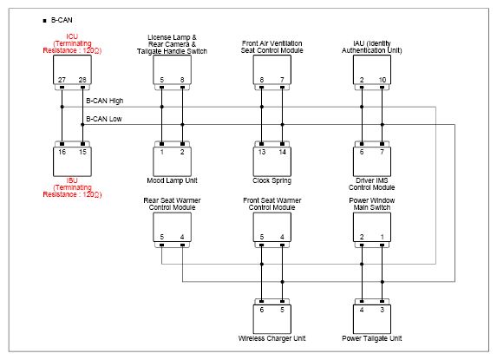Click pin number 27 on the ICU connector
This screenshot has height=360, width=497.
click(x=62, y=80)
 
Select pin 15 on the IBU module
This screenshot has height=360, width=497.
click(x=82, y=152)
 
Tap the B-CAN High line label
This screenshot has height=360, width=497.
click(x=105, y=101)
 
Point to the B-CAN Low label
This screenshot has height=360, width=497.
click(x=104, y=119)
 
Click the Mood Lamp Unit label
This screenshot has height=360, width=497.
click(x=172, y=180)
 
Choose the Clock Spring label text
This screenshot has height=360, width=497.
click(x=272, y=180)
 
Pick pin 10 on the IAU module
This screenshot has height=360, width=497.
click(x=383, y=80)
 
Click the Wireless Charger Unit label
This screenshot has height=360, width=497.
click(x=272, y=338)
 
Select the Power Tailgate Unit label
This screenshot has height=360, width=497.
click(x=372, y=338)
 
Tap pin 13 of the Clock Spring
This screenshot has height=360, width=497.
click(x=262, y=152)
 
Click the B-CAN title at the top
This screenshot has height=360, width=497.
click(x=62, y=20)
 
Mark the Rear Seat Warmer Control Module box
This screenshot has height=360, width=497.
click(x=172, y=227)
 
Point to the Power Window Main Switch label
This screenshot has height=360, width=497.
click(x=372, y=204)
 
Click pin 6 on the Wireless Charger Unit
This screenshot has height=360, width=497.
click(x=262, y=310)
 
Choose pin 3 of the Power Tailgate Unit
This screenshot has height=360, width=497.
click(x=383, y=310)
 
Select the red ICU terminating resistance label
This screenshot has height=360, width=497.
click(x=72, y=43)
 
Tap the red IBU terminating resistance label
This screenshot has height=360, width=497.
click(x=72, y=187)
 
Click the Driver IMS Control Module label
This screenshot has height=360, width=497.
click(x=372, y=184)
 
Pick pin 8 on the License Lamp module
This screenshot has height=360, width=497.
click(x=182, y=80)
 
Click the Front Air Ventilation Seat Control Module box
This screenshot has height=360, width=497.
click(x=272, y=69)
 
